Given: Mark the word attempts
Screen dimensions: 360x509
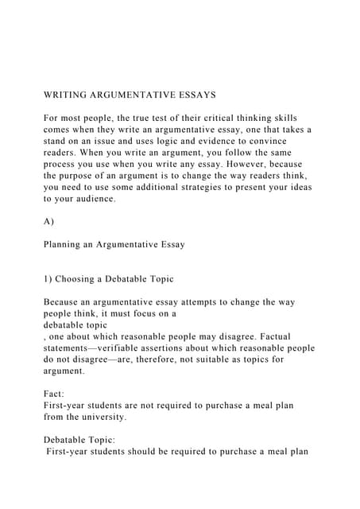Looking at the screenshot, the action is (x=187, y=302).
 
